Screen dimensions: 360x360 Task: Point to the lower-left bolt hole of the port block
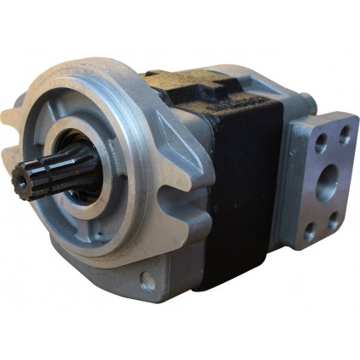click(311, 227)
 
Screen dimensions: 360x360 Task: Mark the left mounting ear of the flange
click(19, 119)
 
